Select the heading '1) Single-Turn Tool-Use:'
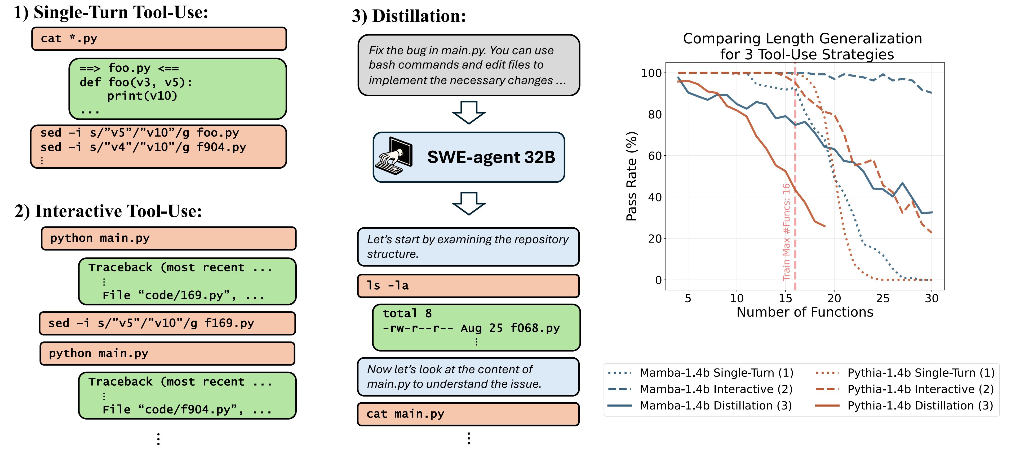111,12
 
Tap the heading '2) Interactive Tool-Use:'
108,211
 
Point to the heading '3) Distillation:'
409,16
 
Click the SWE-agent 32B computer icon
394,156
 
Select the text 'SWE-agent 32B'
491,157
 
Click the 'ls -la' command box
468,286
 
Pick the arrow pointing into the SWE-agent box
469,112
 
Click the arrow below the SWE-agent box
469,203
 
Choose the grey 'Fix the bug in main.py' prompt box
469,65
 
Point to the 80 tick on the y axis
655,115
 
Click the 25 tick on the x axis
883,299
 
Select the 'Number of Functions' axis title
805,312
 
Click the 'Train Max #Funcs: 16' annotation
786,231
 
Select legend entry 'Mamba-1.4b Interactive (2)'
716,389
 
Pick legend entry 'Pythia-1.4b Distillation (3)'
920,406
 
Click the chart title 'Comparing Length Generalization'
802,38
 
